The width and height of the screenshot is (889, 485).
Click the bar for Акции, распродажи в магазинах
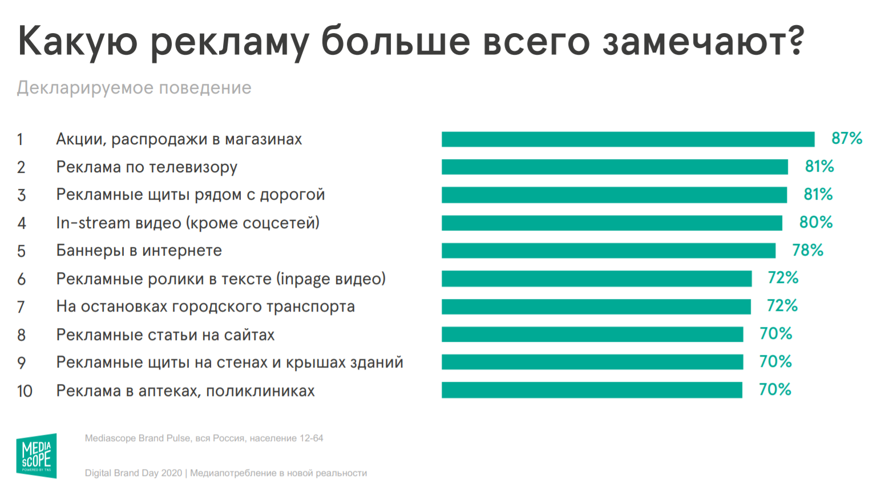(x=628, y=139)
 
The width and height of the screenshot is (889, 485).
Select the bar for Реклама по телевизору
(x=615, y=167)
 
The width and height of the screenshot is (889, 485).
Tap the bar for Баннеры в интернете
(x=608, y=250)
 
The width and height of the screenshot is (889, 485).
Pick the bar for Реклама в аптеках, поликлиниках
(x=592, y=390)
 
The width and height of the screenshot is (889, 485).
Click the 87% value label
(x=847, y=139)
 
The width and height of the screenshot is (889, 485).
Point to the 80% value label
(x=816, y=223)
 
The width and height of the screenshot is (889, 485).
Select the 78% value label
(x=807, y=250)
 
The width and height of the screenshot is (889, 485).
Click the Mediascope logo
(x=37, y=455)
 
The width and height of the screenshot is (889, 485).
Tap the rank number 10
(x=25, y=391)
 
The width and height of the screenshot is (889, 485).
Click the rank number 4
(x=22, y=223)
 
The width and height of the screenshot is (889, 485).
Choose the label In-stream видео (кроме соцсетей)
(x=188, y=223)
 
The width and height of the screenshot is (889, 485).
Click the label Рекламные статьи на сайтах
(x=165, y=335)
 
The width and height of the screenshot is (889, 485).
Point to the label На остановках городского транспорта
(x=205, y=307)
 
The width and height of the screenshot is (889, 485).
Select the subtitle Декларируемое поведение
(x=134, y=88)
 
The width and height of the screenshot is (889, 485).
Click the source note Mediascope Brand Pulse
(x=204, y=438)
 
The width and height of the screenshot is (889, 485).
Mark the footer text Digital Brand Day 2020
(x=134, y=473)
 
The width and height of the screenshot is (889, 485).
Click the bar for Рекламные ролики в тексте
(x=596, y=278)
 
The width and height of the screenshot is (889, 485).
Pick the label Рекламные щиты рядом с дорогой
(x=191, y=195)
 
